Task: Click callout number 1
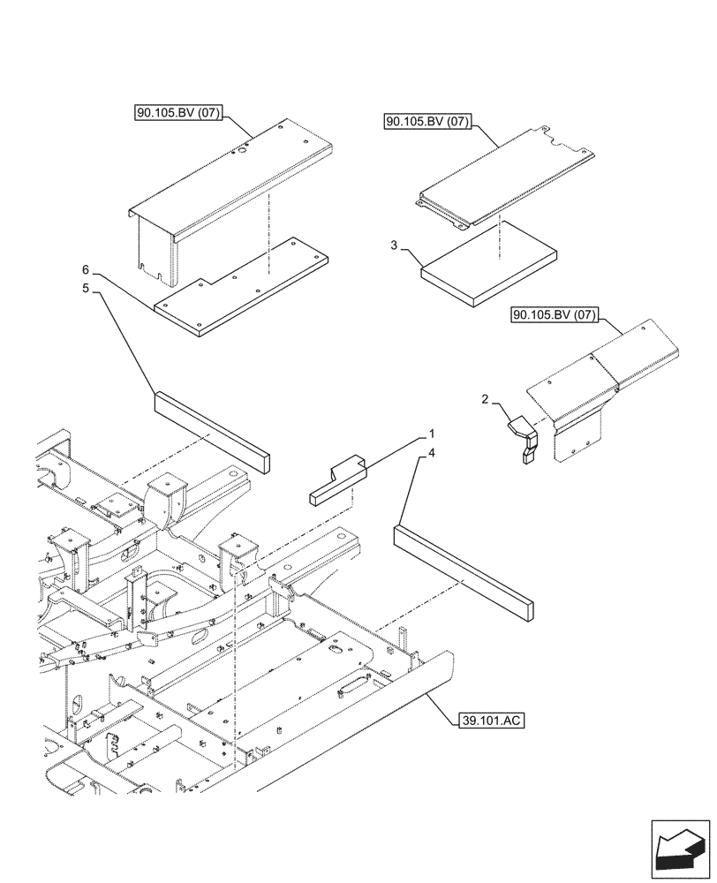pos(432,434)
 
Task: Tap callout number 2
pos(485,399)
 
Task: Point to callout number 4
pos(430,454)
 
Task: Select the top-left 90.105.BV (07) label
pos(180,112)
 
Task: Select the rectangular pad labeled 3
pos(490,262)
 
